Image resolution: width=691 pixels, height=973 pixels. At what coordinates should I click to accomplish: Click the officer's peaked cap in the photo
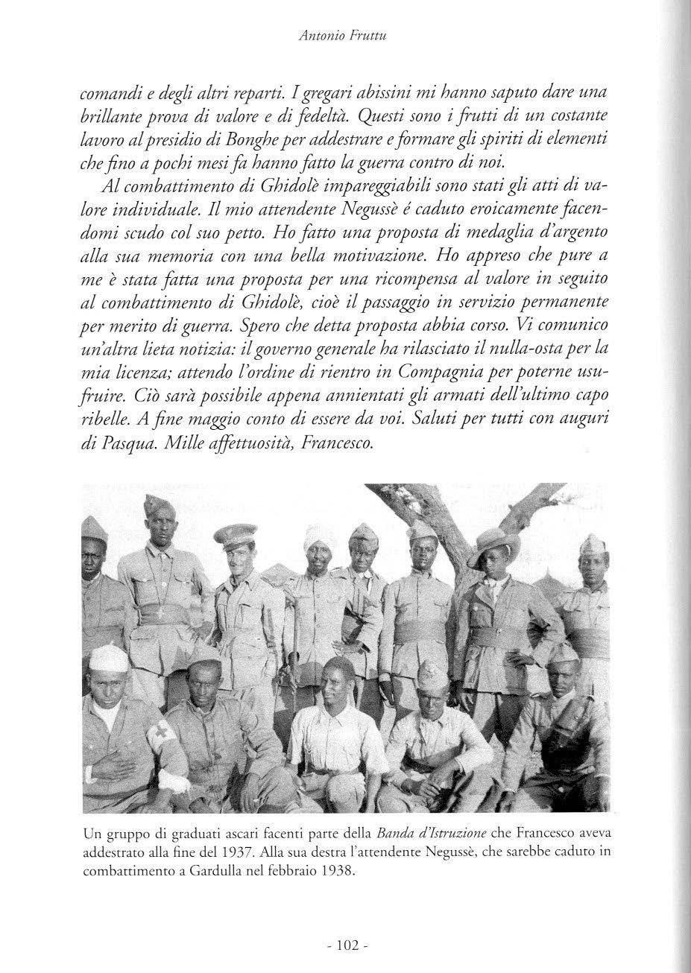(234, 534)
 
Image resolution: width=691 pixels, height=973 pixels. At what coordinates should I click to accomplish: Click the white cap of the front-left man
(108, 659)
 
